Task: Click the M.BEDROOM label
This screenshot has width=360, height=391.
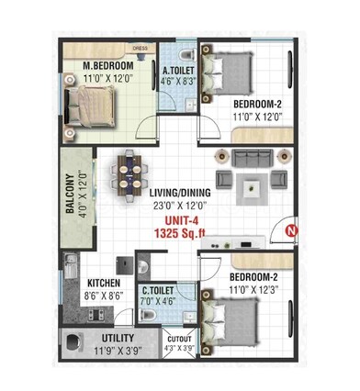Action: [x=108, y=67]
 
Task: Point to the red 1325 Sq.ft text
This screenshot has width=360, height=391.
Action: [x=181, y=234]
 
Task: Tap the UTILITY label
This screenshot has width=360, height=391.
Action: [x=118, y=339]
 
